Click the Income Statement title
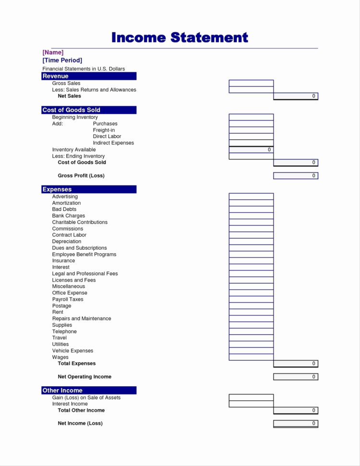tap(180, 37)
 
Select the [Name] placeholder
tap(53, 52)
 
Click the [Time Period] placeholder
tap(62, 60)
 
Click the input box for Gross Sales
tap(251, 83)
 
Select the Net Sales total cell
tap(296, 96)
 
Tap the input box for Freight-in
tap(251, 130)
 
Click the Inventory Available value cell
tap(251, 150)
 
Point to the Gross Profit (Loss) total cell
tap(296, 176)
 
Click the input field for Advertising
tap(251, 196)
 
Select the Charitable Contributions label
tap(80, 222)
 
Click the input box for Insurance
tap(251, 261)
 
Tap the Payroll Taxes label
tap(68, 299)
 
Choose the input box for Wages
tap(251, 357)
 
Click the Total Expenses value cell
tap(296, 364)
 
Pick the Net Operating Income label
tap(84, 377)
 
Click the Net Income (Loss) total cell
tap(296, 423)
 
